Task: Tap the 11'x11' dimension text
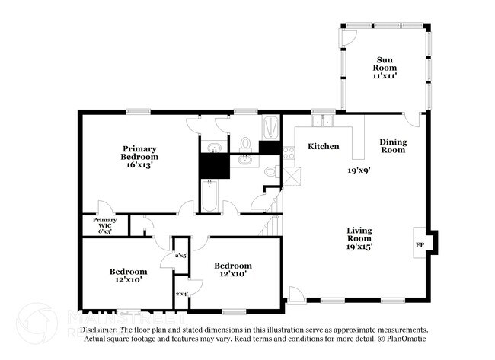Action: pyautogui.click(x=385, y=77)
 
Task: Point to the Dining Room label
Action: pyautogui.click(x=393, y=145)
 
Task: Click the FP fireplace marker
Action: pyautogui.click(x=420, y=245)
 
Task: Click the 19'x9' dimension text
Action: pyautogui.click(x=359, y=170)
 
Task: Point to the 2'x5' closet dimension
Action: pyautogui.click(x=181, y=256)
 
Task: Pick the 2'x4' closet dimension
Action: pyautogui.click(x=181, y=293)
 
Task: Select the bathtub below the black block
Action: pyautogui.click(x=209, y=195)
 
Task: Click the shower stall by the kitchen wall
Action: pyautogui.click(x=270, y=127)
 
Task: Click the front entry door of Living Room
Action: pyautogui.click(x=298, y=294)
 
